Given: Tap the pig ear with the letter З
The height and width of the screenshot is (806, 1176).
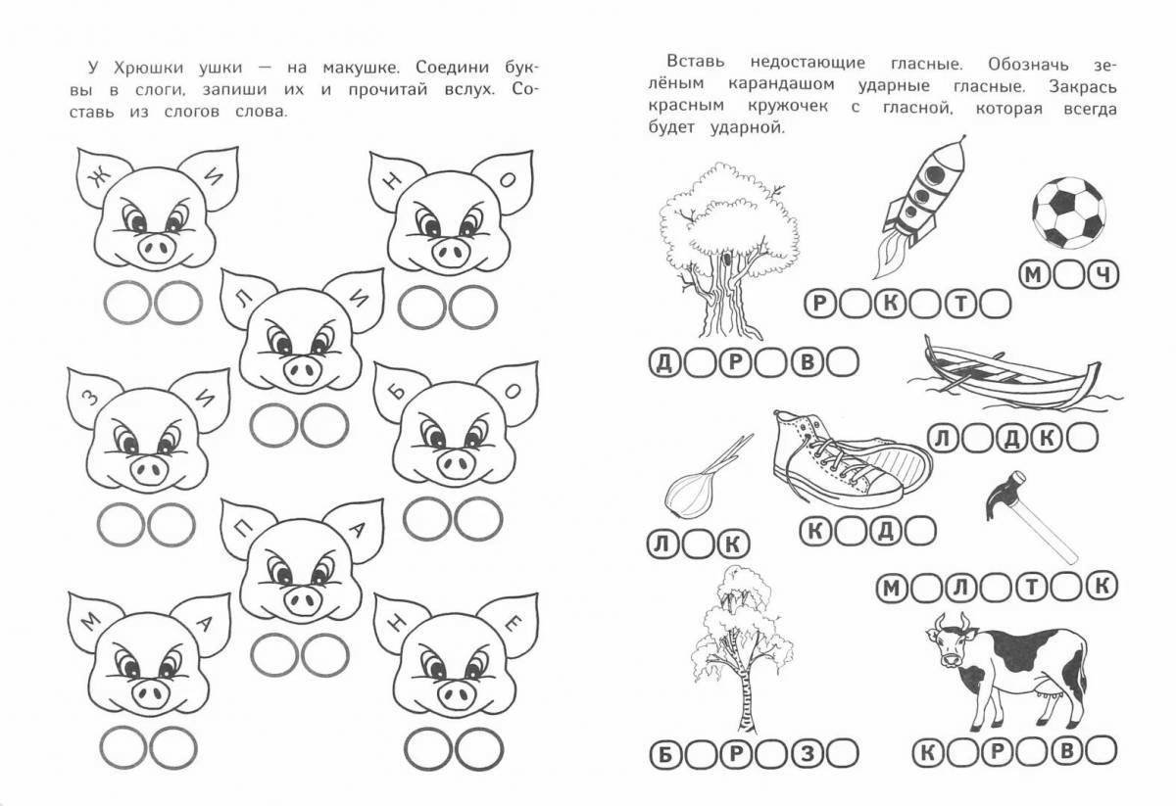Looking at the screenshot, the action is (x=89, y=398).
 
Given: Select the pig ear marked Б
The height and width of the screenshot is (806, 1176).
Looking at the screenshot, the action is (x=397, y=391).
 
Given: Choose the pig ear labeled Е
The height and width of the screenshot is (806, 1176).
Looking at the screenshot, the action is (x=512, y=624).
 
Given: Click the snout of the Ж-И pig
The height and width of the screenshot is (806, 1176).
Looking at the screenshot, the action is (x=156, y=248).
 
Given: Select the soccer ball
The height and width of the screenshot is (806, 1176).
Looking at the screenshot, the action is (x=1069, y=212).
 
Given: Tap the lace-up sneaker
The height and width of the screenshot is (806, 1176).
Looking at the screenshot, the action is (x=851, y=460).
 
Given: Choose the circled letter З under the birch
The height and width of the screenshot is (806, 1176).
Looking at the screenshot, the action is (x=808, y=753).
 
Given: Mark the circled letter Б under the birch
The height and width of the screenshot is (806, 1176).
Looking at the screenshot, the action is (x=665, y=754).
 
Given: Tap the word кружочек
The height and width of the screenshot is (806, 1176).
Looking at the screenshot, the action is (x=788, y=106).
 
